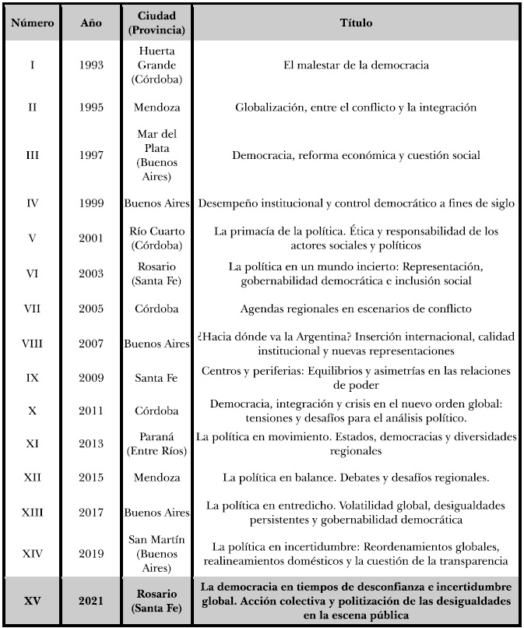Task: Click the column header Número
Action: (32, 23)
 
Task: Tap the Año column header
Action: (90, 23)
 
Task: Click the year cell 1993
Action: (90, 65)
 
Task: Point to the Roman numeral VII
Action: (32, 309)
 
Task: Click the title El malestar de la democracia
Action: (356, 65)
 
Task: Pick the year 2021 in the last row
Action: (90, 602)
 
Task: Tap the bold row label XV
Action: (32, 602)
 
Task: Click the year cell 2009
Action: (90, 379)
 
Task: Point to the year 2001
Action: (90, 238)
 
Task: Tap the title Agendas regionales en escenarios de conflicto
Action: (356, 309)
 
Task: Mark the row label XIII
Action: (32, 512)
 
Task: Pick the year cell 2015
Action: (90, 477)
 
